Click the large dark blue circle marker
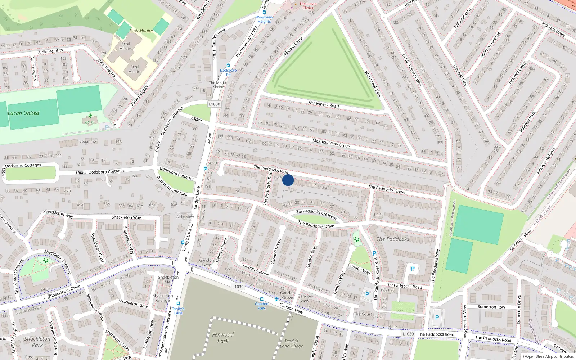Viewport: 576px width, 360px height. tap(288, 180)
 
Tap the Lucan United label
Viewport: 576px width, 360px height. tap(23, 113)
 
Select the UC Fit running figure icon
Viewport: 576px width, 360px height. tap(90, 116)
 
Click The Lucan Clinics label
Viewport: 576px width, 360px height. tap(308, 6)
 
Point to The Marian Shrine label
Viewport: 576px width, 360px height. tap(219, 85)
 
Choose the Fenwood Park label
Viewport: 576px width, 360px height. tap(223, 338)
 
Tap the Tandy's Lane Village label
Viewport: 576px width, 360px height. tap(292, 343)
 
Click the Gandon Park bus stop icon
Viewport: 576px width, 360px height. tap(262, 299)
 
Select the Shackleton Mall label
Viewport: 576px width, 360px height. tap(168, 280)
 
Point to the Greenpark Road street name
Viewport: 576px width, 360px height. tap(324, 104)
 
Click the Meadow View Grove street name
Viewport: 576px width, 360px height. tap(331, 143)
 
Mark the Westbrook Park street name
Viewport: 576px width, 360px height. tap(373, 84)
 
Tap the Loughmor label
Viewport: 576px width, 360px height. tap(89, 141)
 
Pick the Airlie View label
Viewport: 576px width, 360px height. tap(185, 217)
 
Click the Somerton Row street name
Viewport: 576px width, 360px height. tap(491, 307)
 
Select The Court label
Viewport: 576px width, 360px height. tap(363, 314)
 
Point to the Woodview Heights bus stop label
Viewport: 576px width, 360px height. tap(264, 19)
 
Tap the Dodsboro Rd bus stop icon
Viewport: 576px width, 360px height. tap(228, 66)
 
